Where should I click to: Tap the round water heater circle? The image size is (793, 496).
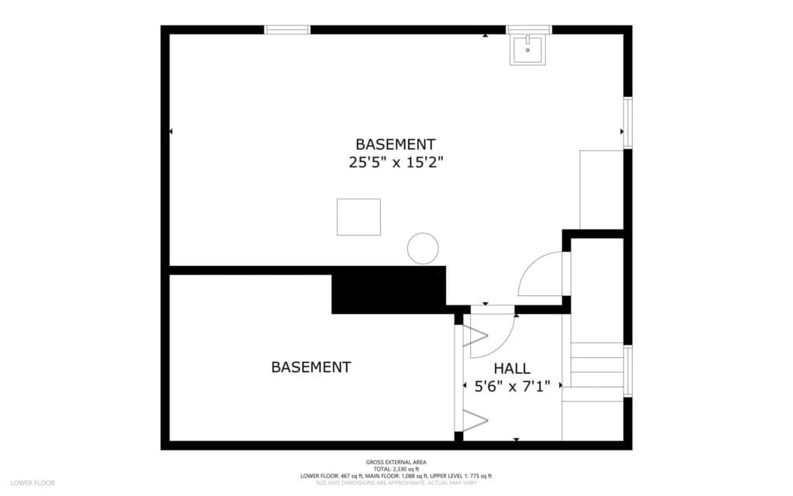[423, 248]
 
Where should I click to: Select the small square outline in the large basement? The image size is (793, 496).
[359, 217]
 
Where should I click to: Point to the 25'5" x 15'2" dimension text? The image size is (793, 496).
[395, 163]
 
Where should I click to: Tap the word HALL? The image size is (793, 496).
[512, 368]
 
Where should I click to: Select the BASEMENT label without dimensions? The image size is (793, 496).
[311, 367]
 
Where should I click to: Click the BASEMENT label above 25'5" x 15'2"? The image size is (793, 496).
[395, 144]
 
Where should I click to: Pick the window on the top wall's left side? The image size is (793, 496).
[287, 29]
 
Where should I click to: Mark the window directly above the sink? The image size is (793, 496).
[529, 29]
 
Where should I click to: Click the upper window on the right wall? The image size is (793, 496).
[628, 122]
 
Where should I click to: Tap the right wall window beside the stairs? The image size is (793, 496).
[628, 371]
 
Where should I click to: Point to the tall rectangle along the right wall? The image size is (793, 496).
[602, 189]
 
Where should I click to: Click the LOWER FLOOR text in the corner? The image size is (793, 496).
[33, 483]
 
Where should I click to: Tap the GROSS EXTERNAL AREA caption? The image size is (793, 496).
[396, 462]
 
